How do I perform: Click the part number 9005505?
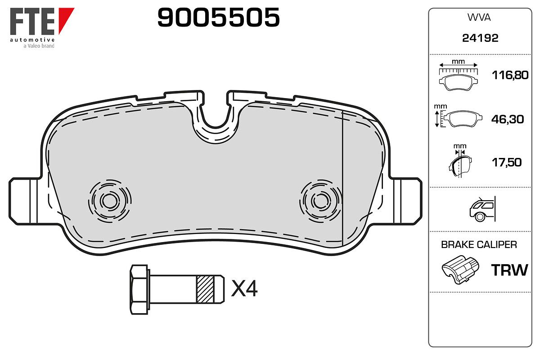coord(218,17)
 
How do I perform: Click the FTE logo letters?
coord(32,21)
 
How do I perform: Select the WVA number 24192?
coord(480,38)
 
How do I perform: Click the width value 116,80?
coord(510,75)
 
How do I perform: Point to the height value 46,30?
coord(508,119)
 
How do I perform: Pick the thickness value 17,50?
coord(507,162)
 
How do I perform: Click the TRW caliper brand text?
coord(509,270)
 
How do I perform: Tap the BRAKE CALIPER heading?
coord(479,245)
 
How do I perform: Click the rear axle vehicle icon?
coord(482,209)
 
